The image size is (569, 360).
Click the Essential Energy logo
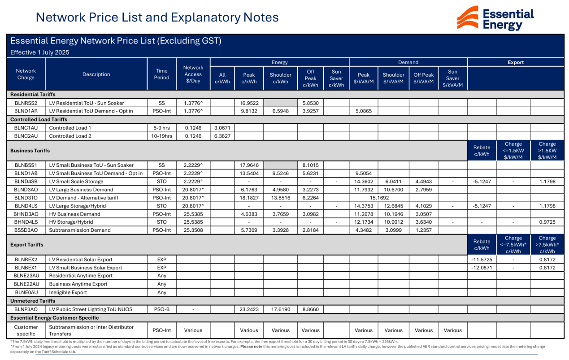tap(495, 18)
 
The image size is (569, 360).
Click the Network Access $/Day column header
tap(193, 74)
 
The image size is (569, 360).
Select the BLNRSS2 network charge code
tap(26, 103)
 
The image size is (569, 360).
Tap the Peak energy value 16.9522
tap(249, 103)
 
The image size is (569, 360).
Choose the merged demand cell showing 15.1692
tap(379, 198)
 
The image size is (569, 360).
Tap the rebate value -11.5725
tap(482, 260)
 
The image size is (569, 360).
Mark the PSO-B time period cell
tap(162, 309)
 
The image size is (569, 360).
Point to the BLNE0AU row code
tap(26, 292)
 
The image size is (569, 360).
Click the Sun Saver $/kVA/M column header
tap(452, 78)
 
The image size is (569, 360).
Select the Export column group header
tap(515, 62)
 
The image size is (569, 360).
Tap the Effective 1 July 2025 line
tap(40, 52)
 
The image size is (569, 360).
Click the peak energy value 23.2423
tap(249, 309)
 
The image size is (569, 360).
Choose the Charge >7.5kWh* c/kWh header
tap(547, 244)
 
